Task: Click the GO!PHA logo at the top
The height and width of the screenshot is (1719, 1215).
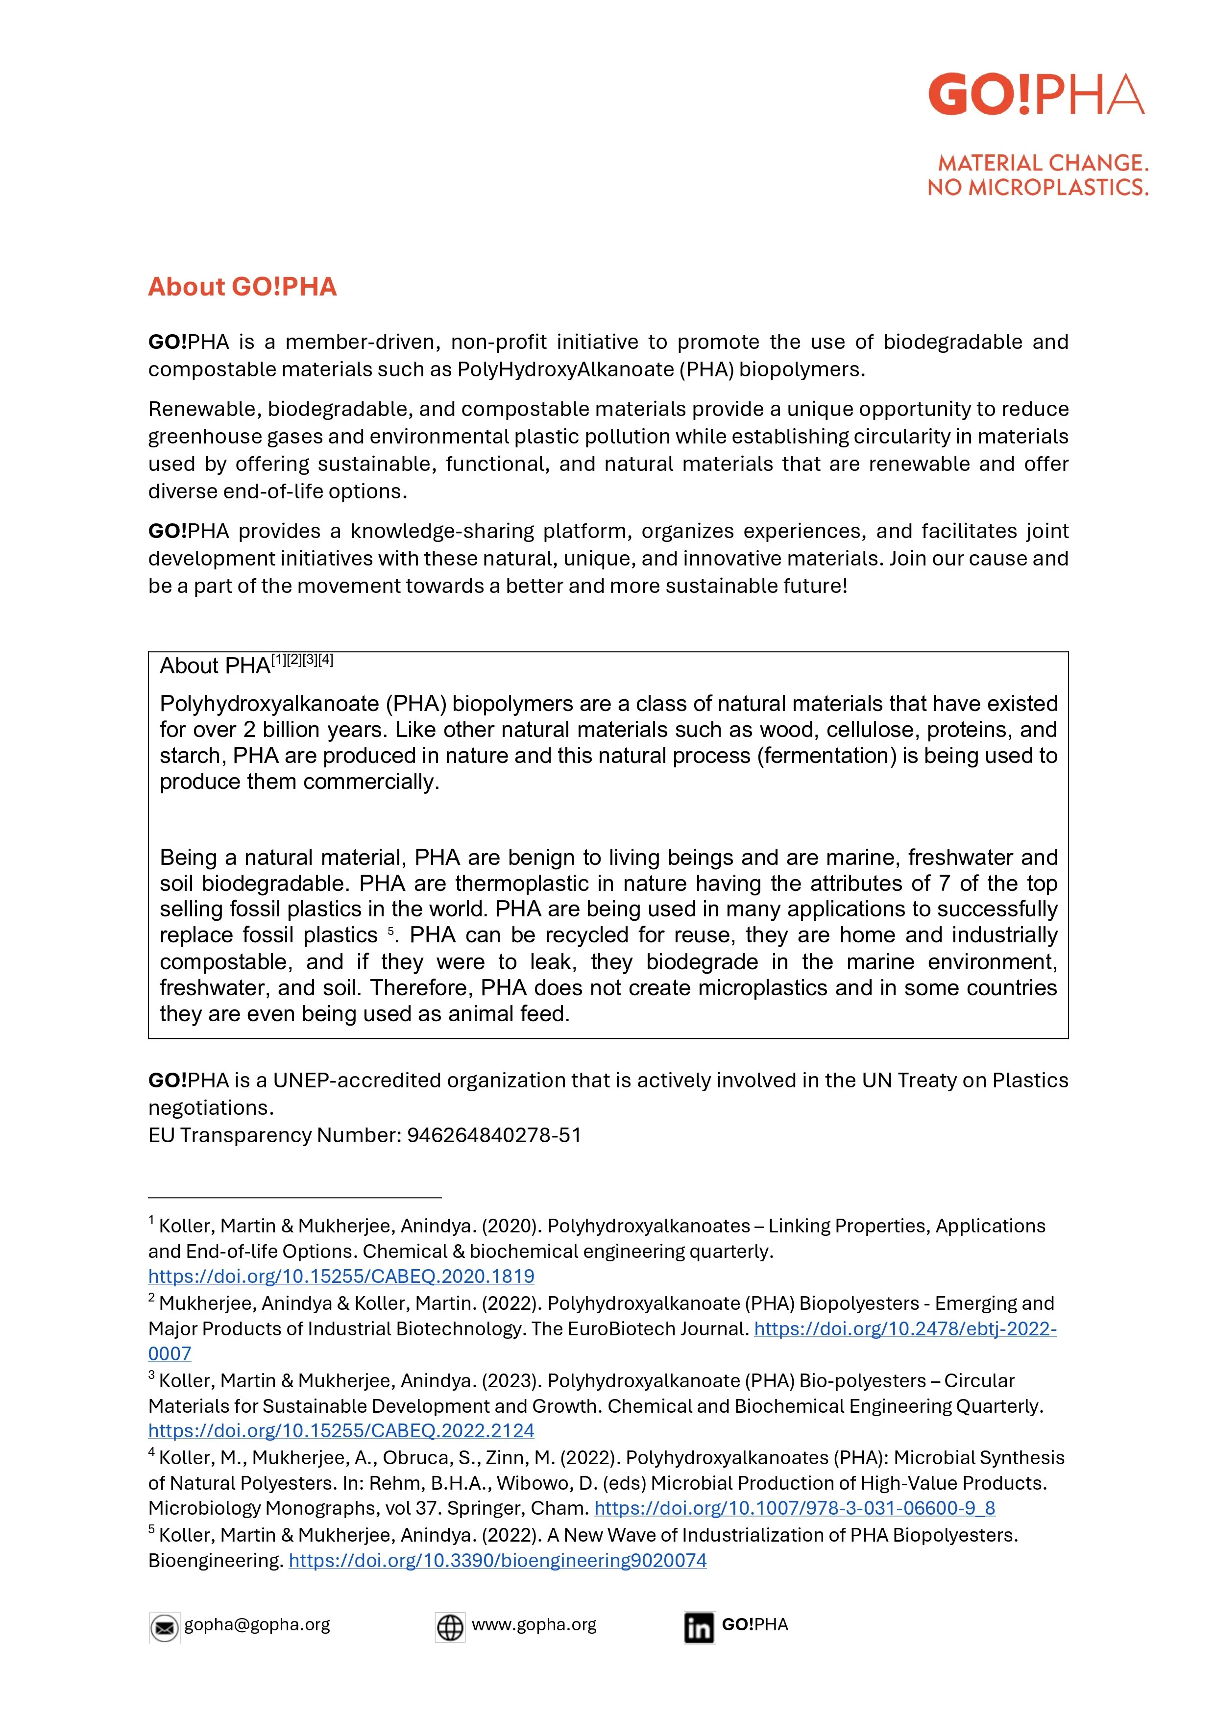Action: [1036, 95]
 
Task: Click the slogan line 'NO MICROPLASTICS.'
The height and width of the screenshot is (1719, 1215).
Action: [1038, 187]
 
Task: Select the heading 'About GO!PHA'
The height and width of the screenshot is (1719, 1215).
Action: [242, 287]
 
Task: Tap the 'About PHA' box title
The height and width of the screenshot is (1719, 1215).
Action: [215, 665]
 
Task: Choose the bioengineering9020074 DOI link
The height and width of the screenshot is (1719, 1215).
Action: [497, 1560]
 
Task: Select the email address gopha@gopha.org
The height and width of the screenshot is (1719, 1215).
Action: [257, 1624]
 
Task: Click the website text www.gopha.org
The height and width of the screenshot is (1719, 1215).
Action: [534, 1624]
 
